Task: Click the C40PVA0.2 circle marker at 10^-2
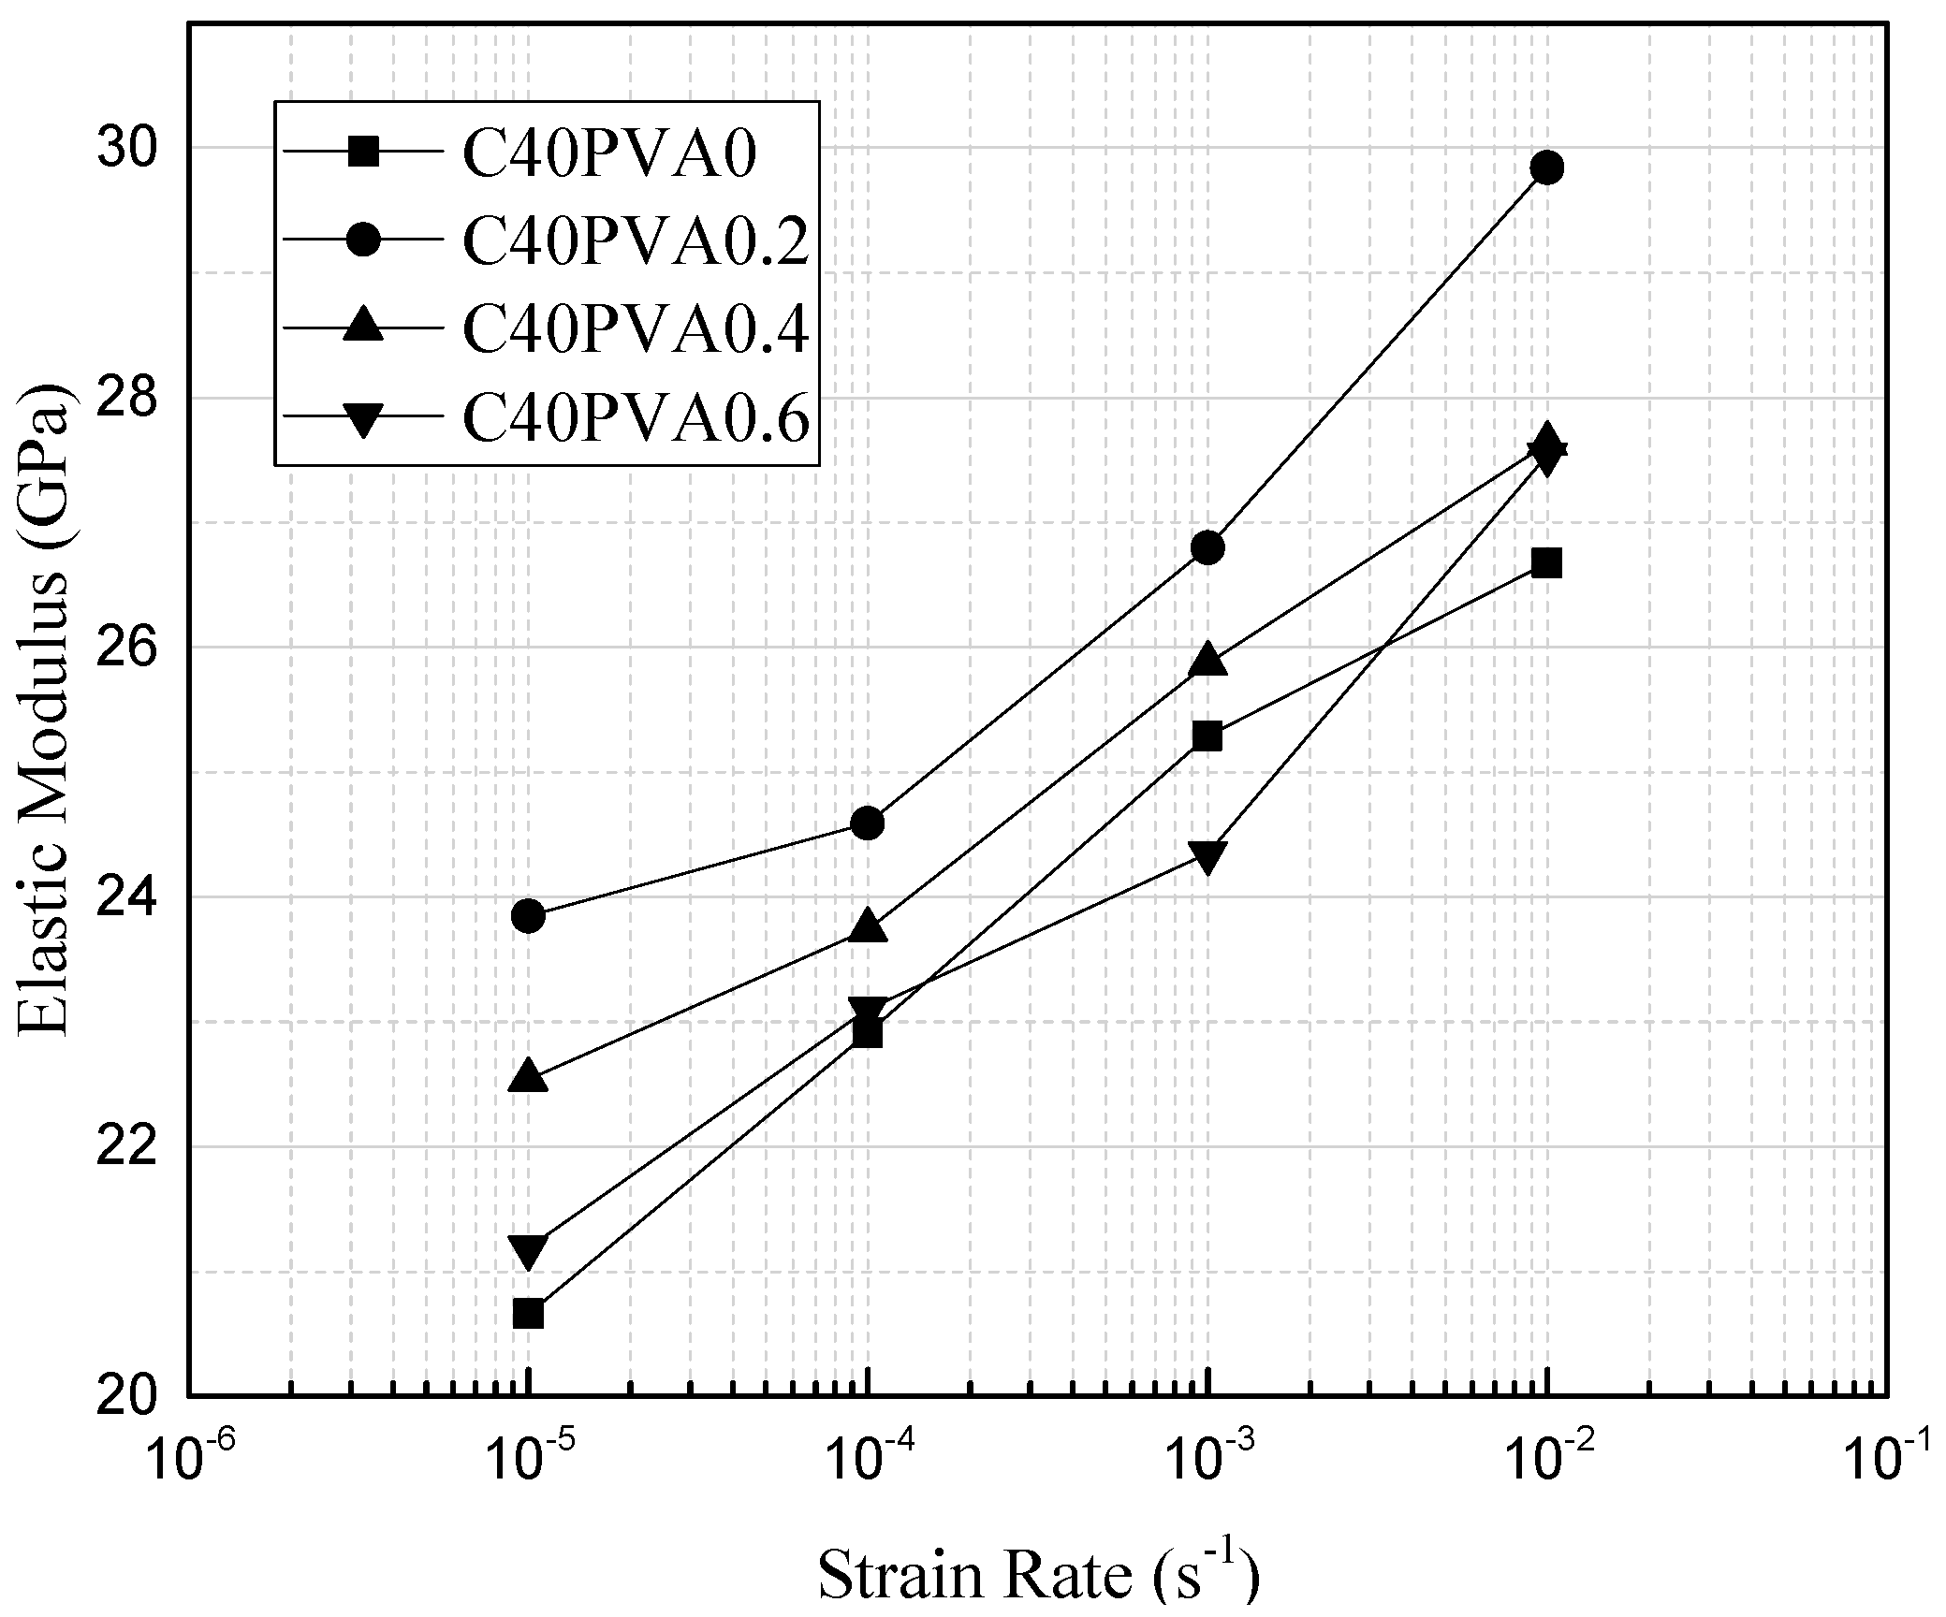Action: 1547,168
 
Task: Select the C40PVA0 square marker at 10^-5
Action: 529,1314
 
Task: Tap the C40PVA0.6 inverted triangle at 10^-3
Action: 1207,856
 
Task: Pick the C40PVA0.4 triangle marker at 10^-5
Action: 529,1077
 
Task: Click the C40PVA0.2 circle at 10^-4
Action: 868,823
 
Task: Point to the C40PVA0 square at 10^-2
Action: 1547,563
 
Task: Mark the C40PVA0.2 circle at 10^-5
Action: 529,915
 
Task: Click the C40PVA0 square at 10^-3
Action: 1207,736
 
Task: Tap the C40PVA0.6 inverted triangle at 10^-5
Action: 529,1250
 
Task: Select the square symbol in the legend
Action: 363,153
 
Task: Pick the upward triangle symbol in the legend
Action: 363,328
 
